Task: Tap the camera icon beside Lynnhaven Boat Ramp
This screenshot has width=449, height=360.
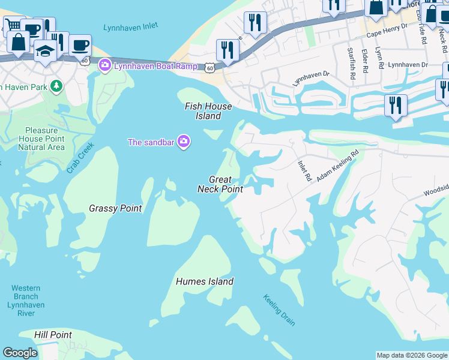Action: (105, 65)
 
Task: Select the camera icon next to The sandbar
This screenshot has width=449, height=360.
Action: (184, 142)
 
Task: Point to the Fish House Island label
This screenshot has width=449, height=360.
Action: (203, 111)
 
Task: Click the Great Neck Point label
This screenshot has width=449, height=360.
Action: (220, 184)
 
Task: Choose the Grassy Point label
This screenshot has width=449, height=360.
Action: (115, 208)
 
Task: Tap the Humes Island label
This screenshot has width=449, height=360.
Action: (205, 281)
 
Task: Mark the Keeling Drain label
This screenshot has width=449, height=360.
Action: (279, 310)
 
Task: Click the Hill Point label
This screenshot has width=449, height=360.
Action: (53, 335)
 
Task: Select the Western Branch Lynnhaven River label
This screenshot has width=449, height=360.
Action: (25, 296)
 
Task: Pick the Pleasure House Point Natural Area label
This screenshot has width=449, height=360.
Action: (41, 139)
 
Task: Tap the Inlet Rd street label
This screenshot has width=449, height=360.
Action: (304, 170)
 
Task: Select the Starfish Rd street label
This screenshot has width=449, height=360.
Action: (351, 58)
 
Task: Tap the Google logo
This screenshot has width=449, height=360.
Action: (20, 353)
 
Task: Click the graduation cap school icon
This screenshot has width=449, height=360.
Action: (45, 50)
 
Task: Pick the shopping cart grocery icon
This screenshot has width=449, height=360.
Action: (13, 25)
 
